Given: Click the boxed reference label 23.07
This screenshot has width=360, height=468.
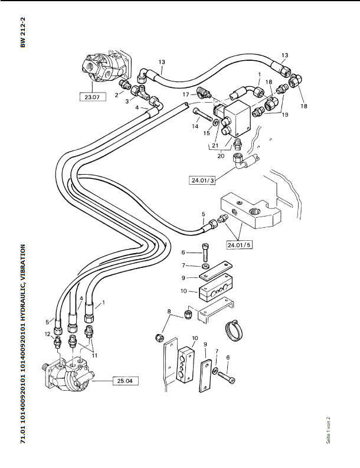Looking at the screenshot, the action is [x=93, y=97].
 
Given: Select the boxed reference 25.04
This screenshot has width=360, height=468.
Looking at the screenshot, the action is [x=125, y=381].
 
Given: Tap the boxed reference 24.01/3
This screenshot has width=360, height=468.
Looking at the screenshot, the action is [x=202, y=180].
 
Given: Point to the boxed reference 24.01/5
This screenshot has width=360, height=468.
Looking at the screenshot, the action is [x=239, y=245].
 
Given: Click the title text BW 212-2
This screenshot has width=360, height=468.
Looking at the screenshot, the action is [x=23, y=32].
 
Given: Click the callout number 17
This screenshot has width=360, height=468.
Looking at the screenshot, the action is [x=186, y=94].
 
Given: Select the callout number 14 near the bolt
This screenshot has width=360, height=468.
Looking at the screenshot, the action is [x=195, y=126].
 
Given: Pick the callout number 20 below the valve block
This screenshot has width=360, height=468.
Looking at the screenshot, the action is [x=221, y=156].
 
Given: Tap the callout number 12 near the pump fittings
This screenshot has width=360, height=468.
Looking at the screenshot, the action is [x=48, y=334].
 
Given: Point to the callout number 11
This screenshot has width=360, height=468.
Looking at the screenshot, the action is [x=94, y=355].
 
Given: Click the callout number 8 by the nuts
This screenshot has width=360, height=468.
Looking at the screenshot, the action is [x=169, y=312].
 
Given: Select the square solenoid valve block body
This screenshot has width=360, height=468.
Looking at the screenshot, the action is [x=237, y=118].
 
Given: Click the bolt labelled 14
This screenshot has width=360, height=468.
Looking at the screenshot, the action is [x=204, y=115].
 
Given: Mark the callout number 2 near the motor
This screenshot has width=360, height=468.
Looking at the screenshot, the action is [x=117, y=96].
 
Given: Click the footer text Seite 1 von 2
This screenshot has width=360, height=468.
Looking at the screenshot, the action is [x=328, y=430].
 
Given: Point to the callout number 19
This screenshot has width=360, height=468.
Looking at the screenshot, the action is [x=285, y=114].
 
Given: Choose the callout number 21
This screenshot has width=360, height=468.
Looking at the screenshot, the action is [x=215, y=146].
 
